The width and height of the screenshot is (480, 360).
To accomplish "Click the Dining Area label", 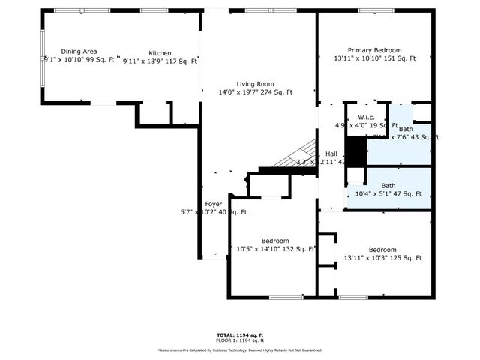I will [79, 51].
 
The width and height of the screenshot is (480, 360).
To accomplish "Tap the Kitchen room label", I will [160, 53].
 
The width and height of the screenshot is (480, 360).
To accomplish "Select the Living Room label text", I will [256, 84].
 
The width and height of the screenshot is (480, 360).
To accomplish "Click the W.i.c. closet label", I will [367, 118].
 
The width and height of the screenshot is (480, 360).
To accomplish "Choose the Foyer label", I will [214, 203].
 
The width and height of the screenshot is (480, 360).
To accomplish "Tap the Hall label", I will [331, 154].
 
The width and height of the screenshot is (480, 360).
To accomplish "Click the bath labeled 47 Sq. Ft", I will [388, 185].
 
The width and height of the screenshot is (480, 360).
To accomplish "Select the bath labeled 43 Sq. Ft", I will [406, 129].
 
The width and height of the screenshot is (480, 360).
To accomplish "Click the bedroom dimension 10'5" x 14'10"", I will [265, 249].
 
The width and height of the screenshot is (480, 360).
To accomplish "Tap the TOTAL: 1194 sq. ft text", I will [239, 334].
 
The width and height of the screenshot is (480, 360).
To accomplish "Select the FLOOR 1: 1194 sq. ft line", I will [239, 340].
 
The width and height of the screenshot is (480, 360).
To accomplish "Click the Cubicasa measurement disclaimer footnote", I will [239, 349].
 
